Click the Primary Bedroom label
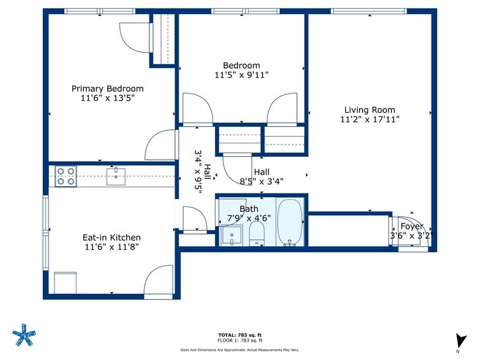[x=108, y=89]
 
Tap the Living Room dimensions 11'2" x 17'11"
[x=370, y=119]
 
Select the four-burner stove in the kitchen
[x=66, y=176]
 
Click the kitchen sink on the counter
[x=116, y=176]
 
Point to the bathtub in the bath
[x=290, y=223]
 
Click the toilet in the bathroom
[x=257, y=233]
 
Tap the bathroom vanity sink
[x=231, y=235]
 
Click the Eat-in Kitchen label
[x=111, y=238]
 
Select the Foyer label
[x=411, y=227]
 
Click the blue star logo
[x=24, y=335]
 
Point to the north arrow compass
[x=460, y=342]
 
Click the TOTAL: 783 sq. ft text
[x=240, y=336]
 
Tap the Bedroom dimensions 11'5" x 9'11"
[x=241, y=75]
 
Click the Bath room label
[x=249, y=209]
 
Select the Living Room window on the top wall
[x=369, y=11]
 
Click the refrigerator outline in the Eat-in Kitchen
[x=65, y=283]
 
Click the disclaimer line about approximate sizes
[x=240, y=350]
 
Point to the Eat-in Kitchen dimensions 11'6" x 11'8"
[x=111, y=247]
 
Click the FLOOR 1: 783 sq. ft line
[x=240, y=340]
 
